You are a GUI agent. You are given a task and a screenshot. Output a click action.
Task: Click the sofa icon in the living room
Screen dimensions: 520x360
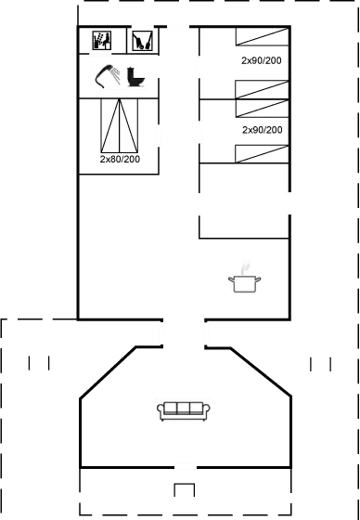[183, 410]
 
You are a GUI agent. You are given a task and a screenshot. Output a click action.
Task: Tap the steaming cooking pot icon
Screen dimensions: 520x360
[245, 276]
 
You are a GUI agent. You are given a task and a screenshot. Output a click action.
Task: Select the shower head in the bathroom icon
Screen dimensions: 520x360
[107, 75]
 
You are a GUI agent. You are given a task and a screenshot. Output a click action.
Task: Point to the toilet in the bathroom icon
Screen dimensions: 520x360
[137, 76]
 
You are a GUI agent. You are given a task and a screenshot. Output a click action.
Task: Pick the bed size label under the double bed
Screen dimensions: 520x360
[120, 159]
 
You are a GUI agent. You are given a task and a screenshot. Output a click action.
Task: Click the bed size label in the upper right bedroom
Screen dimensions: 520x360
[261, 60]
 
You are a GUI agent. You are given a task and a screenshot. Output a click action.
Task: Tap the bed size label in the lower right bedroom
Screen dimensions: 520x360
[261, 130]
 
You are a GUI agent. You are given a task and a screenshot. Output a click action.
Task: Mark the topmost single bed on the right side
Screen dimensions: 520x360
[261, 37]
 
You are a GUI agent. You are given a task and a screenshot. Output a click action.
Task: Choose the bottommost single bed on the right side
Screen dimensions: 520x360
[261, 152]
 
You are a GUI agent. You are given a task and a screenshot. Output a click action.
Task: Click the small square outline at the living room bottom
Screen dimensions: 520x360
[185, 489]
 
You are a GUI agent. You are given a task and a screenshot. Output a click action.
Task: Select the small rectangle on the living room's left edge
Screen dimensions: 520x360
[38, 362]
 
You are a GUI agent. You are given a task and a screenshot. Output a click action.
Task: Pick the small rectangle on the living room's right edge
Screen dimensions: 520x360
[321, 362]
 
